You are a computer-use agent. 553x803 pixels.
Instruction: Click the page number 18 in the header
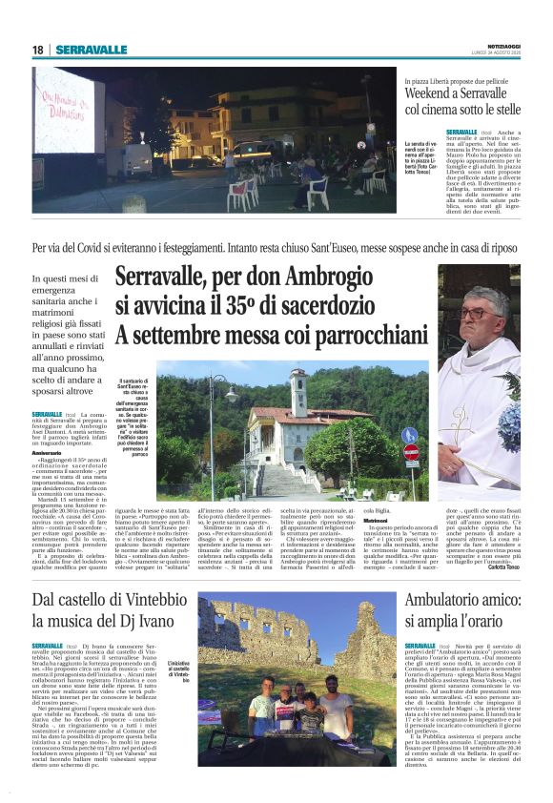coord(37,50)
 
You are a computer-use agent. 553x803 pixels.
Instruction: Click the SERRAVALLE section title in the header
coord(91,50)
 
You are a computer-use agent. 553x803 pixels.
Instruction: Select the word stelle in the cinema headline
coord(502,110)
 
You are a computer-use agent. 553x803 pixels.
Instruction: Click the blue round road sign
coord(411,435)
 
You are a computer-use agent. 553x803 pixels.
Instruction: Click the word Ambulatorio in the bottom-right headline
coord(448,599)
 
